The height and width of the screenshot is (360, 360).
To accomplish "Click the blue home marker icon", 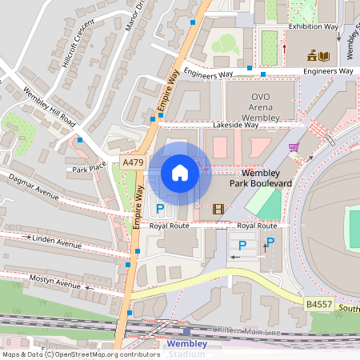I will coord(180,173).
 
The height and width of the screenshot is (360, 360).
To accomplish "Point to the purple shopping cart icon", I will coord(294,147).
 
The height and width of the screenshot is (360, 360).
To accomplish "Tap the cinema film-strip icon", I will coord(218,210).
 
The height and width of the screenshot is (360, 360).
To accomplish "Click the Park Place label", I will coord(89,169).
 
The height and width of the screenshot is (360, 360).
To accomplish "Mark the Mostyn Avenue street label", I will coord(55,284).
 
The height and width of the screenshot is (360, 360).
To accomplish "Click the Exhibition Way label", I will coord(313,26).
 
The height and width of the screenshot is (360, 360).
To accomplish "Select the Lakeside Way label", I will coord(235,126).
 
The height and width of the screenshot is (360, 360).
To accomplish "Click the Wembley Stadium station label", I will coord(186,349).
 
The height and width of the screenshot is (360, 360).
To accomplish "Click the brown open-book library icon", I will coord(322,56).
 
